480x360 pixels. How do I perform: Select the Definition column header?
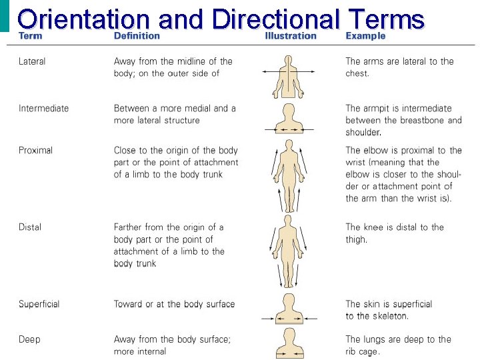137,35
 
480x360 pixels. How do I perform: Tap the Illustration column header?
291,35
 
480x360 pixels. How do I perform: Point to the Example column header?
365,35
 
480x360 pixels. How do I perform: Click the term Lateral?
32,61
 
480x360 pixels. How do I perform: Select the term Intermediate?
43,109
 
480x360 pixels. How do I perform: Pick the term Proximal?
35,151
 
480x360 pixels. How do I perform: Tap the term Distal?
30,227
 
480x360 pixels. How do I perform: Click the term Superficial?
39,304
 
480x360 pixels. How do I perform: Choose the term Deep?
29,339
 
